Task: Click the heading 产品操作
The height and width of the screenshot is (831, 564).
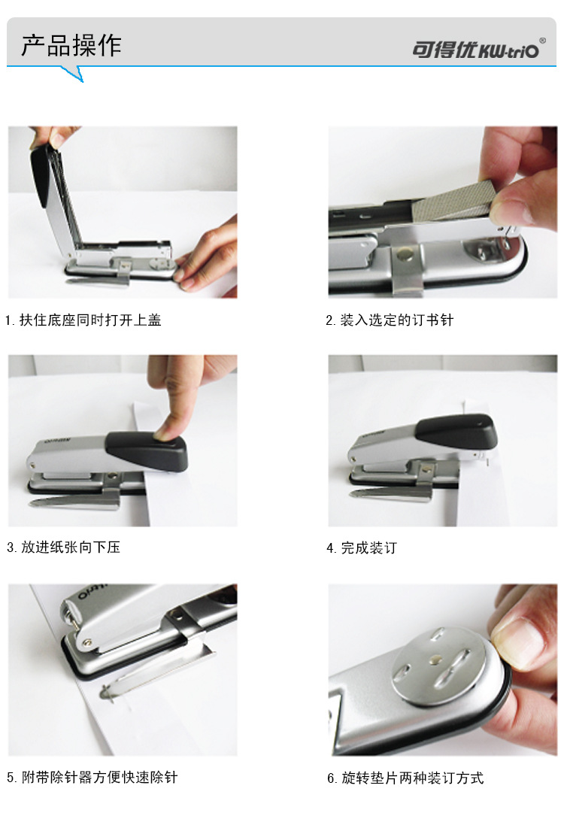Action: point(71,45)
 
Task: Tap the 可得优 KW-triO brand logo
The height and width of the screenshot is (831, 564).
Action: point(475,50)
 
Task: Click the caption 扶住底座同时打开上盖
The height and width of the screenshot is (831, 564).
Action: point(90,320)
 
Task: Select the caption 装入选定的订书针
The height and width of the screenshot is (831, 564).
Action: point(396,320)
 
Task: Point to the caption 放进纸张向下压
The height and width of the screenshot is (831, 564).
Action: point(71,547)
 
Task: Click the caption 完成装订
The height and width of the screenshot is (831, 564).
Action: point(368,547)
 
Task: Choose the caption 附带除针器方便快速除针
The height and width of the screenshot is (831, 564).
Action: point(100,777)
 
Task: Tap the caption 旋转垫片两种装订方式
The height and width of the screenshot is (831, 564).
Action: point(412,778)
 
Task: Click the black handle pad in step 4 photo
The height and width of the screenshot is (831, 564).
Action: point(457,431)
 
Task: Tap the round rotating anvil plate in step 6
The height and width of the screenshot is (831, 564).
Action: point(438,667)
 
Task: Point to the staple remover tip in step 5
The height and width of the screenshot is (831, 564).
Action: point(106,693)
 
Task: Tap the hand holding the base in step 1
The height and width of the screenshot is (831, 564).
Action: point(209,254)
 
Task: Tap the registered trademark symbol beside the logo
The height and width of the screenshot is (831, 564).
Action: point(542,41)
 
